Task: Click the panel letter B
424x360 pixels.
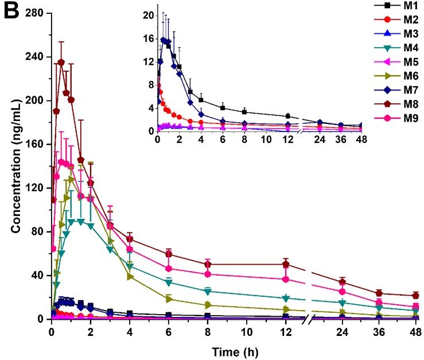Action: [12, 11]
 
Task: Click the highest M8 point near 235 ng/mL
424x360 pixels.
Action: [61, 62]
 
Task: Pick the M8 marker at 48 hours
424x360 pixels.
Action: [416, 295]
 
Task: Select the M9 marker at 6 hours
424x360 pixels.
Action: [169, 269]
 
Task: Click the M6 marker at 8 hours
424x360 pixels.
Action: [208, 305]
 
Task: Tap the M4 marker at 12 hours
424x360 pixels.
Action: [286, 298]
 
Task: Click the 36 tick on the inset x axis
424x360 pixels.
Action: [342, 140]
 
